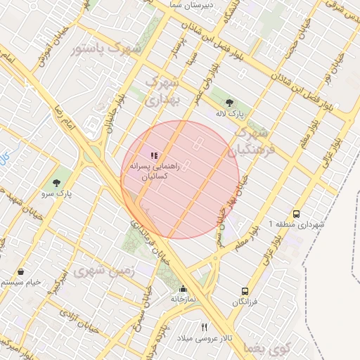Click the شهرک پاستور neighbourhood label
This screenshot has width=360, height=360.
coord(105,49)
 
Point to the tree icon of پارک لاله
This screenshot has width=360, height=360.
coord(226,102)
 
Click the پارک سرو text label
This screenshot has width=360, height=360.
coord(57,192)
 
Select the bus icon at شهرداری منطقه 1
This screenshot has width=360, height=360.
coord(296,214)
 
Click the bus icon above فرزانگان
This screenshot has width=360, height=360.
coord(245,290)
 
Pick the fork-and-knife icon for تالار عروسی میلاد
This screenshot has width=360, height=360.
coord(204,326)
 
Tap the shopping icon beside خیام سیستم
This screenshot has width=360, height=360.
coord(20,272)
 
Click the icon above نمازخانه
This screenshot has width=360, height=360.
coord(184,288)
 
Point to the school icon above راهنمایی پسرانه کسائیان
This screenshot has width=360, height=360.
coord(154,155)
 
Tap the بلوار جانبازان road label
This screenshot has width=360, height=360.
coord(110,116)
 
